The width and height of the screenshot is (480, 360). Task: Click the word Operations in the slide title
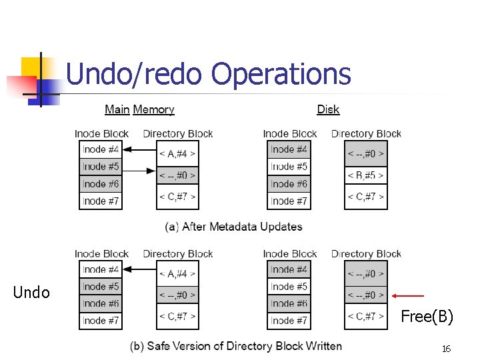point(281,73)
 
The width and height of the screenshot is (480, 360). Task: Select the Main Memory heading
point(139,109)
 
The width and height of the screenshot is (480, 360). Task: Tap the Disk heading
point(328,109)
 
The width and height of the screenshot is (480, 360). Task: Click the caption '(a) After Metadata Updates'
point(233,227)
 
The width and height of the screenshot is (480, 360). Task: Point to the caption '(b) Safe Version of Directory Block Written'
point(235,346)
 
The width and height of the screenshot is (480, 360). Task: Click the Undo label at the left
point(31,293)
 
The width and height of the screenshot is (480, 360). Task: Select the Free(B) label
point(427,317)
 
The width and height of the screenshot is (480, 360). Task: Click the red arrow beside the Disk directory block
point(408,295)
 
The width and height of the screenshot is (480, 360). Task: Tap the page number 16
point(445,349)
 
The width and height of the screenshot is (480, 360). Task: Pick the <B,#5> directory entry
point(366,175)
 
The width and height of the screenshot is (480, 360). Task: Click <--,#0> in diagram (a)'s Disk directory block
point(366,154)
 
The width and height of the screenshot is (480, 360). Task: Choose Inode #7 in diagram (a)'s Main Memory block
point(101,201)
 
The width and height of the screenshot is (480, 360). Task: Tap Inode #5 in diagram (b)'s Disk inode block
point(289,287)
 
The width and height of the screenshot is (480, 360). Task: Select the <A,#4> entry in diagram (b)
point(177,273)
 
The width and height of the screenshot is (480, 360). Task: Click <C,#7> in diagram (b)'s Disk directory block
point(366,316)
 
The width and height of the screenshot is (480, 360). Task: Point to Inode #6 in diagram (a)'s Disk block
point(289,184)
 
